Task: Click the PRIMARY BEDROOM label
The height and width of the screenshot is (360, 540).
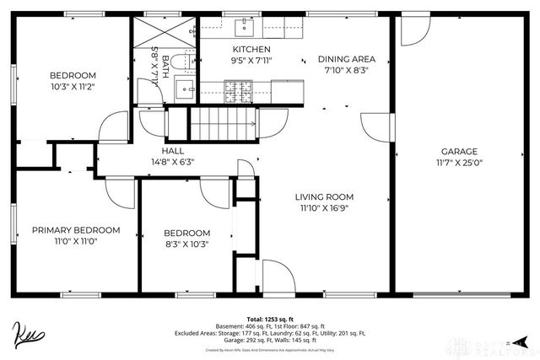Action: tap(76, 229)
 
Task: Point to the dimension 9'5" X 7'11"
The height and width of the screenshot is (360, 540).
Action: tap(251, 61)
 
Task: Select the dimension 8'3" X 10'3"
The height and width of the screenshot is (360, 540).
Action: tap(186, 244)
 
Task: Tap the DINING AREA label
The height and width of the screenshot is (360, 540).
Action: tap(347, 59)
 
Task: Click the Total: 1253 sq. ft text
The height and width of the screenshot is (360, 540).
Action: tap(270, 319)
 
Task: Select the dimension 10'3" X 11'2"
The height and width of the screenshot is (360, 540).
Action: tap(72, 85)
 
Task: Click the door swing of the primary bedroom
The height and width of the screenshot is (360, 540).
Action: tap(121, 191)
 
